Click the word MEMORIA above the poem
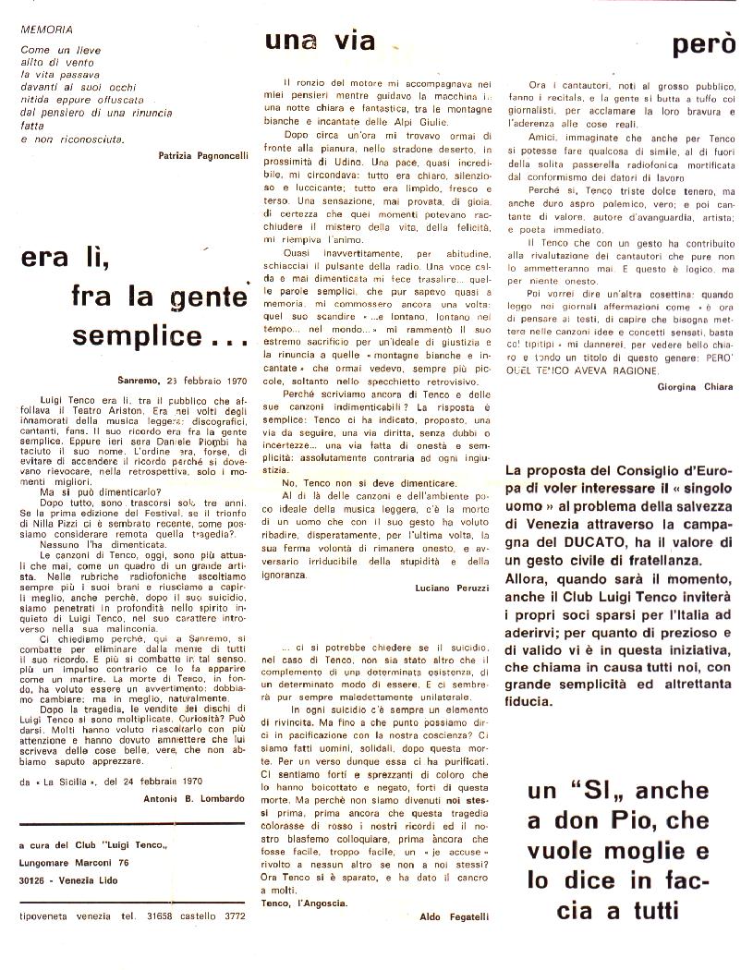point(43,29)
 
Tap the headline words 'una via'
point(320,41)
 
